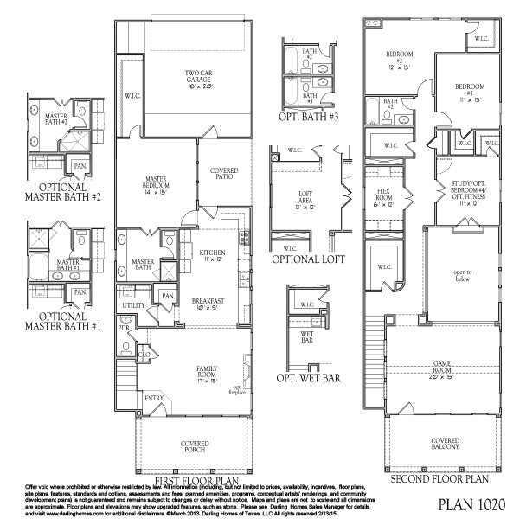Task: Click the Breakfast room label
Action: click(208, 303)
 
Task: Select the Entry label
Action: click(154, 398)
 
